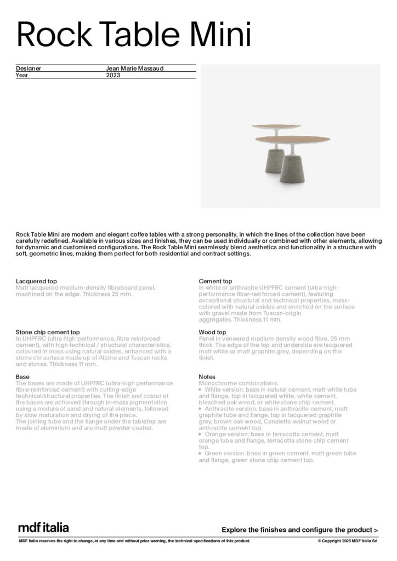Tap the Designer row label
click(x=29, y=68)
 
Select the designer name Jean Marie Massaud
click(x=134, y=68)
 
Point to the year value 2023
click(x=112, y=75)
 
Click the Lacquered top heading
click(x=37, y=281)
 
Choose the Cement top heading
click(x=215, y=281)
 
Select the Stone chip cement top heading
click(x=48, y=332)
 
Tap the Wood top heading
click(x=212, y=332)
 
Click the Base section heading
click(x=22, y=377)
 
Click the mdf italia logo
click(x=43, y=528)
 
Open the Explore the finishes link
click(x=299, y=530)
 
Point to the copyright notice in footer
click(x=348, y=541)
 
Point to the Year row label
click(x=21, y=75)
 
